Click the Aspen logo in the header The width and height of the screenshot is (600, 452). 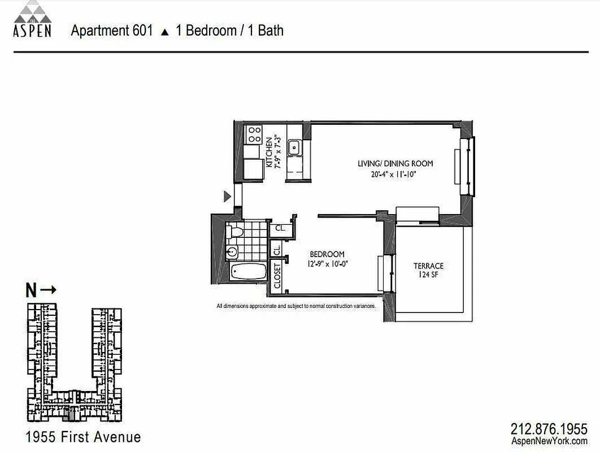(32, 19)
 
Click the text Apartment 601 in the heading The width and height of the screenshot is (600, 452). (112, 31)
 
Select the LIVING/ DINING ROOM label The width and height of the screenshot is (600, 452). (395, 164)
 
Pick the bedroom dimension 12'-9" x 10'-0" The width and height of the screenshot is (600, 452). (326, 263)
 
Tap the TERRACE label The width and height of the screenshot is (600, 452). (428, 266)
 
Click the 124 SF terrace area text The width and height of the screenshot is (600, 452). (428, 275)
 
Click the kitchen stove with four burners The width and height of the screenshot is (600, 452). (254, 134)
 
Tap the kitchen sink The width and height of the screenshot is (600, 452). (294, 148)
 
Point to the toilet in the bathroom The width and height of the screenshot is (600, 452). (236, 231)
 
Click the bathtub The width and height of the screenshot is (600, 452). (249, 271)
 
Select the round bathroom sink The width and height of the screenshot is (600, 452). (232, 252)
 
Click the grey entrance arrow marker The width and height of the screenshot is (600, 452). (227, 196)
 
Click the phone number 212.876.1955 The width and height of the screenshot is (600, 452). (549, 429)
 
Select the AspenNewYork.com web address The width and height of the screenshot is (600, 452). (549, 441)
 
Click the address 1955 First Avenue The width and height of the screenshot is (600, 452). (83, 437)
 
